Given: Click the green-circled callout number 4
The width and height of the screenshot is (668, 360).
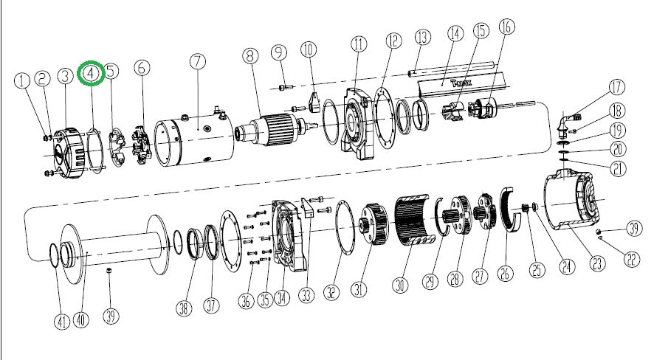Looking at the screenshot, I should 91,73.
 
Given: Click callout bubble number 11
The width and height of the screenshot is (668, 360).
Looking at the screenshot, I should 359,44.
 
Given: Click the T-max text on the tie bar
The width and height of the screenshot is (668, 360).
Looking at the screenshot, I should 447,83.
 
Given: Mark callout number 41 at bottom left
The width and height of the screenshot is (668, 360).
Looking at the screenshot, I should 61,321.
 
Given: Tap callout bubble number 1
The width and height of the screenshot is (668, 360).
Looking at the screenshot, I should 23,78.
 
